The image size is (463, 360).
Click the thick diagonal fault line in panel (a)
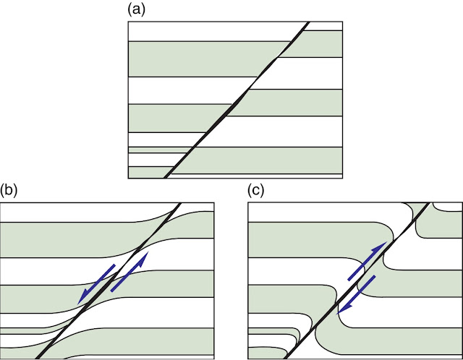239,100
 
